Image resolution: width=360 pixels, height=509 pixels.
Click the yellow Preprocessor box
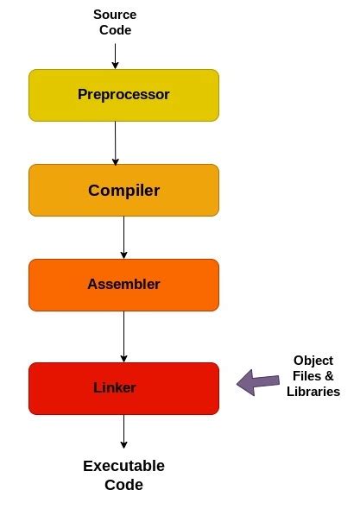tap(52, 95)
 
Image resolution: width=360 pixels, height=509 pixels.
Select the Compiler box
tap(52, 190)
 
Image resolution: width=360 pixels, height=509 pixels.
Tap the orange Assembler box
tap(52, 285)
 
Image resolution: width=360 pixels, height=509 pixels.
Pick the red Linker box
tap(52, 388)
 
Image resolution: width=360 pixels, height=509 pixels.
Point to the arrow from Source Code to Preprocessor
tap(115, 53)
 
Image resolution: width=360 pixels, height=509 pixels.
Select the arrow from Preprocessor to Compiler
tap(115, 142)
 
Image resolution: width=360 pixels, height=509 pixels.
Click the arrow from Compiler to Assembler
tap(123, 237)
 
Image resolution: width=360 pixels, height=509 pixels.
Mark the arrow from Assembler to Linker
tap(123, 336)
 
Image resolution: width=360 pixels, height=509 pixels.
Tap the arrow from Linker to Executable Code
tap(123, 431)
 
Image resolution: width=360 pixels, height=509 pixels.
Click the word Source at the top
tap(115, 15)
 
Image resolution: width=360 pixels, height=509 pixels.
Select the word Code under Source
tap(115, 30)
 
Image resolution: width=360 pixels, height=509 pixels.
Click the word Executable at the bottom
tap(123, 466)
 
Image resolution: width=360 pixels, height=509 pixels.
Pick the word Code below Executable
tap(123, 485)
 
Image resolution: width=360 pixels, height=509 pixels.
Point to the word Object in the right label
tap(313, 361)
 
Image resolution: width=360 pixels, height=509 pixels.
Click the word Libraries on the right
tap(313, 392)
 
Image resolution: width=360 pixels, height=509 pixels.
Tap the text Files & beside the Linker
tap(313, 376)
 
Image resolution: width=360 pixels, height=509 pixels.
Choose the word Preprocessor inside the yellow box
tap(123, 95)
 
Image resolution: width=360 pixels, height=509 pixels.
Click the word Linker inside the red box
tap(115, 388)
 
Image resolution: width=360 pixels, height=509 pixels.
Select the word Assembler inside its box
tap(123, 285)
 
